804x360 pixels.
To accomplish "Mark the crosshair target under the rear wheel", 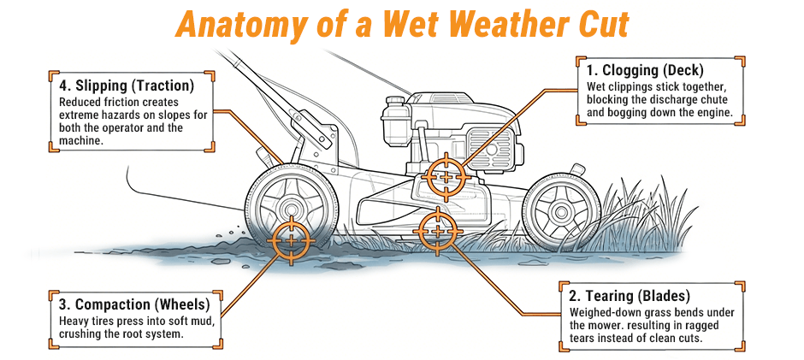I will coord(291,239).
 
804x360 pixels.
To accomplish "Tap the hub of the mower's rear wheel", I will coord(288,208).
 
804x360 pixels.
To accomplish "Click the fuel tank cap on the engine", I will coord(394,103).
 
